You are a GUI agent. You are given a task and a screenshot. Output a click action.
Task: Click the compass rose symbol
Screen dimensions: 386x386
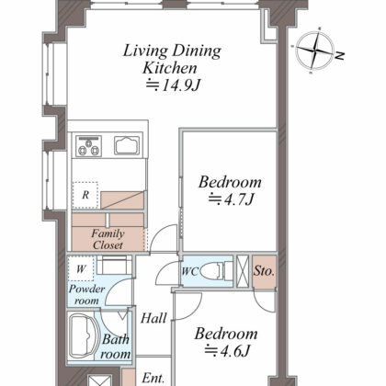coord(314,51)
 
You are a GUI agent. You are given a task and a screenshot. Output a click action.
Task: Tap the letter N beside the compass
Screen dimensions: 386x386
coord(340,56)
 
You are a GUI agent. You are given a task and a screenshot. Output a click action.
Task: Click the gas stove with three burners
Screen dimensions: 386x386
coord(88,146)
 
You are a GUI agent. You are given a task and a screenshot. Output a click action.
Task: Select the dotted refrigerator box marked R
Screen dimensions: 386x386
coord(85,195)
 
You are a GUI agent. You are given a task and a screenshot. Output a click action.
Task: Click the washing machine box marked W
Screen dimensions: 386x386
coord(81,268)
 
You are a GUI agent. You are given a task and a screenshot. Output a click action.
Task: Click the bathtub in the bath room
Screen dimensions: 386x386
coord(84,335)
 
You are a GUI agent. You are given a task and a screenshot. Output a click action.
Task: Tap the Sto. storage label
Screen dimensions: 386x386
coord(264,271)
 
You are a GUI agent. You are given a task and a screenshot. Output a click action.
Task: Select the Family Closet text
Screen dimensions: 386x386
coord(108,239)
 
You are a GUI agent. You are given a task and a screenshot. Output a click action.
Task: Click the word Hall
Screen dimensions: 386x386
coord(153,318)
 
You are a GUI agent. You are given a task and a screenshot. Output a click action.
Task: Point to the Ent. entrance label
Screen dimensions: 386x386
coord(153,378)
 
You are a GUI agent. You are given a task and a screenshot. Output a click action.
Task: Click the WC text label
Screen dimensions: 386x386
coord(190,271)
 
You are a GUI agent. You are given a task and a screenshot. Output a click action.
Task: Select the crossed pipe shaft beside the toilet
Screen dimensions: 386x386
coord(244,271)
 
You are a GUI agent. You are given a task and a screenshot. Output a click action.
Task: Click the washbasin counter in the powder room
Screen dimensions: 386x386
coord(114,265)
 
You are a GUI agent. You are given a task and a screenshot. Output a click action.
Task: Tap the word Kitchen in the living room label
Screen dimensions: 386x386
coord(170,68)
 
